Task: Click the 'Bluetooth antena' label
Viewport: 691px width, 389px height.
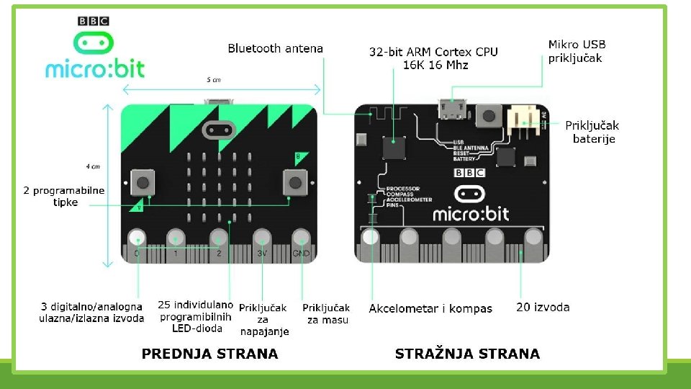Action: click(x=275, y=49)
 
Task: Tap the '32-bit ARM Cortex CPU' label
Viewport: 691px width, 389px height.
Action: click(x=433, y=58)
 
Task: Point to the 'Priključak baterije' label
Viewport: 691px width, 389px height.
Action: click(x=592, y=132)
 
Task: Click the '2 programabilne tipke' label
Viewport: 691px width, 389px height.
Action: click(x=64, y=197)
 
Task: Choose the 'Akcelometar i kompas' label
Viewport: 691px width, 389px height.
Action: click(x=430, y=308)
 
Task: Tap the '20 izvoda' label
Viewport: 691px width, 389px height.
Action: click(x=543, y=308)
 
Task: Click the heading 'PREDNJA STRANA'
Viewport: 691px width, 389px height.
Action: click(x=209, y=354)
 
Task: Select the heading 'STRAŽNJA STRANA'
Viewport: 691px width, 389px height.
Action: click(x=467, y=354)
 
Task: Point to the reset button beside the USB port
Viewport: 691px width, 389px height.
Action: click(x=490, y=114)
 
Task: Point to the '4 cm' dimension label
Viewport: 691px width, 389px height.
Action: click(x=92, y=166)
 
